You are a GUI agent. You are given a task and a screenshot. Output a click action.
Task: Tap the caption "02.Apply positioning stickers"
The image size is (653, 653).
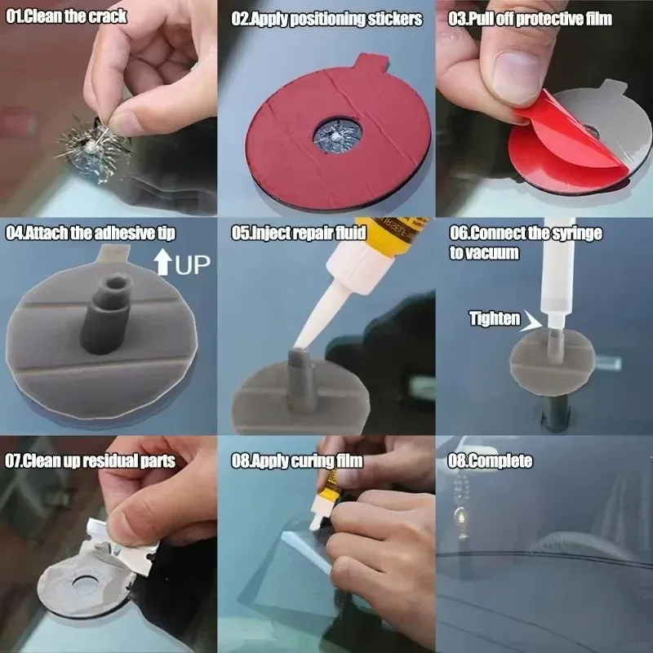pyautogui.click(x=327, y=18)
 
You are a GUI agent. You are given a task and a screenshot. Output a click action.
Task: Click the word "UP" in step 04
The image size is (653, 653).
pyautogui.click(x=193, y=264)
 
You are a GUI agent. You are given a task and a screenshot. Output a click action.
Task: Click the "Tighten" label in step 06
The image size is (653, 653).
pyautogui.click(x=495, y=319)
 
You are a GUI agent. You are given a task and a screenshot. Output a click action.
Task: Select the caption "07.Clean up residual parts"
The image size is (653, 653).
pyautogui.click(x=91, y=461)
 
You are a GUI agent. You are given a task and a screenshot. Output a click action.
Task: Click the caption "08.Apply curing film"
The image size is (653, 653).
pyautogui.click(x=297, y=461)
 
